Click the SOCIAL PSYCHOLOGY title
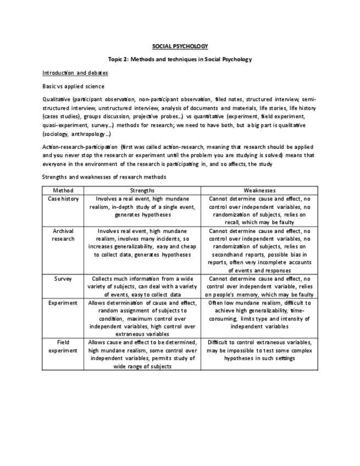[x=180, y=46]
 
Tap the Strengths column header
[x=142, y=190]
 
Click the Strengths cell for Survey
[x=142, y=286]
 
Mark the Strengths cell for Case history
[x=142, y=207]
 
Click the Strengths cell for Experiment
[x=142, y=318]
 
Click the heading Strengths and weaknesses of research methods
[x=104, y=177]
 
